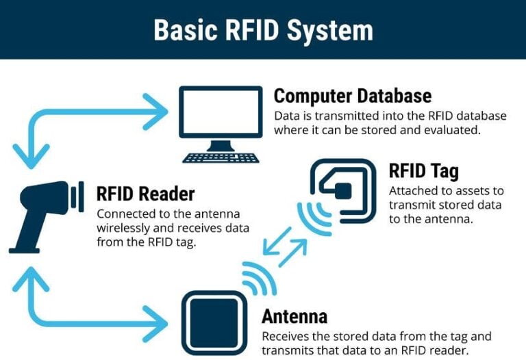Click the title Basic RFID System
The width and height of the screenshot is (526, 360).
(x=263, y=30)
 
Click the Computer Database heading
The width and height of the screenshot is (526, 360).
(x=352, y=95)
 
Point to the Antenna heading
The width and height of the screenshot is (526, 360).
(x=294, y=316)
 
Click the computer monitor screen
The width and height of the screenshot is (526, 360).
(x=221, y=112)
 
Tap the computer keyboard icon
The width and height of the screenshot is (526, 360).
(x=221, y=157)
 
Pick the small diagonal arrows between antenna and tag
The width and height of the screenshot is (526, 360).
(x=283, y=250)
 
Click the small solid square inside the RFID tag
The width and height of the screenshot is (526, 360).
(x=342, y=190)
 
